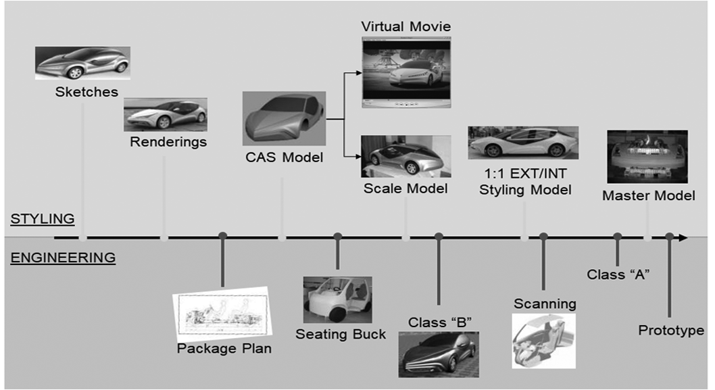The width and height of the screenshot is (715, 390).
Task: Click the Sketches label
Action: click(87, 91)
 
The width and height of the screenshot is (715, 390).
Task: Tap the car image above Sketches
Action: click(82, 63)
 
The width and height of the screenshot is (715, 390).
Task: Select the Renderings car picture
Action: click(166, 114)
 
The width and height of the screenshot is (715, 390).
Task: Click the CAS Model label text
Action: click(285, 157)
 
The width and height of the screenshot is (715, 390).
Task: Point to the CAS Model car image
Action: click(284, 118)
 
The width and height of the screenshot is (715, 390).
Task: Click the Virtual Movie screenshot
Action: click(405, 71)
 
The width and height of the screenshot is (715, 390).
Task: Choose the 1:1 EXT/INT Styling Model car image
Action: click(523, 143)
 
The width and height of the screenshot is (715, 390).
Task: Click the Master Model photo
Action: click(647, 156)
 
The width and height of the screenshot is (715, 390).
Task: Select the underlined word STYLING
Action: click(43, 219)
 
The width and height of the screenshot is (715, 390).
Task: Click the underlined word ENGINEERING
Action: click(63, 258)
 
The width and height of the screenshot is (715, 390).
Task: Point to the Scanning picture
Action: click(543, 339)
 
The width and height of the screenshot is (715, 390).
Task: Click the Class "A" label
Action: click(618, 274)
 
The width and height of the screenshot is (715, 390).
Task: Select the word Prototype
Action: click(671, 331)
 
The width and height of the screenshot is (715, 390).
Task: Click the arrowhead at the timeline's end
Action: click(683, 237)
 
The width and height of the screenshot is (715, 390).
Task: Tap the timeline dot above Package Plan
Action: click(222, 237)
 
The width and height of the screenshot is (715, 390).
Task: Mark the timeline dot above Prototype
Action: click(669, 237)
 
